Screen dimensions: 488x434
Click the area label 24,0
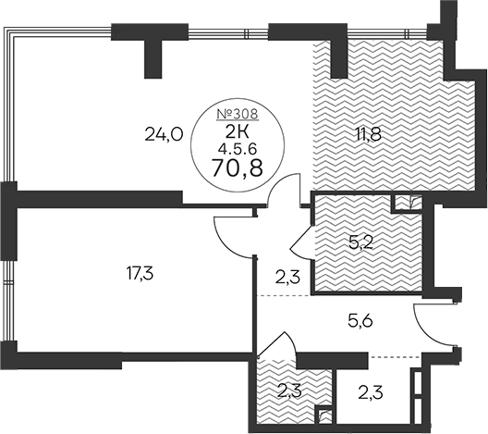164,135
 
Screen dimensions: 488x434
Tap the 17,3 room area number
140,274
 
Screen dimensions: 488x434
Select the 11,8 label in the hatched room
370,135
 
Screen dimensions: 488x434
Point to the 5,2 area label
361,243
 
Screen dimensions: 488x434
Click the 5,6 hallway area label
360,320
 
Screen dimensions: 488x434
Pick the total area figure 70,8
238,167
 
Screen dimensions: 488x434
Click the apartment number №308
238,115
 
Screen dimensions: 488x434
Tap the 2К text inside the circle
238,132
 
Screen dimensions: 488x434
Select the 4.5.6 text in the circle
238,150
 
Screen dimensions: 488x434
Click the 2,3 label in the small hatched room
289,391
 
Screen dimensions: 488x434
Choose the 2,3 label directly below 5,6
371,392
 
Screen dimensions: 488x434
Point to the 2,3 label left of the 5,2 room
287,277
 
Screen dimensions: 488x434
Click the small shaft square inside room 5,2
407,203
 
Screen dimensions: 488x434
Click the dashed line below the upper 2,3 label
284,295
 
